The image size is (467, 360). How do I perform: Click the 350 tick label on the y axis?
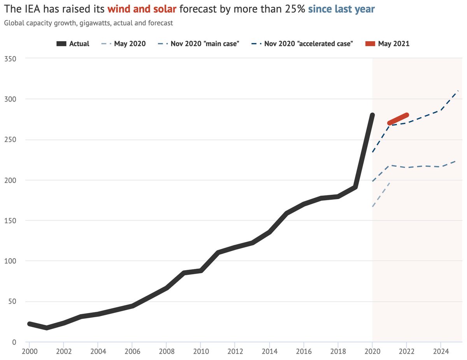click(x=10, y=59)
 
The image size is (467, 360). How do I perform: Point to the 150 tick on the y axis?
click(x=10, y=221)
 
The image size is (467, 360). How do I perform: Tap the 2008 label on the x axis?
click(x=167, y=351)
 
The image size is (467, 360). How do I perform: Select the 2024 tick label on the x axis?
click(x=441, y=351)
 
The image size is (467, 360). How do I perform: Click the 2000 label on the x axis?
click(x=30, y=351)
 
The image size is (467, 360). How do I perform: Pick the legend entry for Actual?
click(x=73, y=44)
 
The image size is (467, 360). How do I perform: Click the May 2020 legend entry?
click(x=123, y=44)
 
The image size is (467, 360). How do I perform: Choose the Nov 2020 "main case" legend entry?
click(x=198, y=44)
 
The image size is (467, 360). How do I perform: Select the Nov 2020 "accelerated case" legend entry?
click(x=302, y=44)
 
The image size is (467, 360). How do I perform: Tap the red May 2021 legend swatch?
click(x=370, y=44)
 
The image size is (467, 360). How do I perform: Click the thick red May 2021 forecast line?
click(x=398, y=119)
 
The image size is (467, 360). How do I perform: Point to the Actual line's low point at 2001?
click(x=47, y=328)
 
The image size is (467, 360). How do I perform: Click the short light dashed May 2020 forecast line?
click(x=381, y=195)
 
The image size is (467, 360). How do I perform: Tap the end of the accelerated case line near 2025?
click(x=458, y=91)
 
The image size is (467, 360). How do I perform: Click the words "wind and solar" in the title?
click(x=142, y=9)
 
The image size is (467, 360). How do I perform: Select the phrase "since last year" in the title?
click(x=341, y=9)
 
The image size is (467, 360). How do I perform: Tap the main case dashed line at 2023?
click(x=423, y=166)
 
